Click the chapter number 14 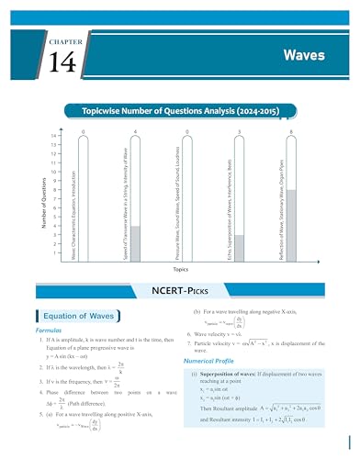(x=60, y=62)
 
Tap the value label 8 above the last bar (x=291, y=133)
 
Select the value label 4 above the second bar (x=135, y=133)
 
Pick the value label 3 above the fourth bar (x=239, y=133)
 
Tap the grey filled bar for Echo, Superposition (x=239, y=249)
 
